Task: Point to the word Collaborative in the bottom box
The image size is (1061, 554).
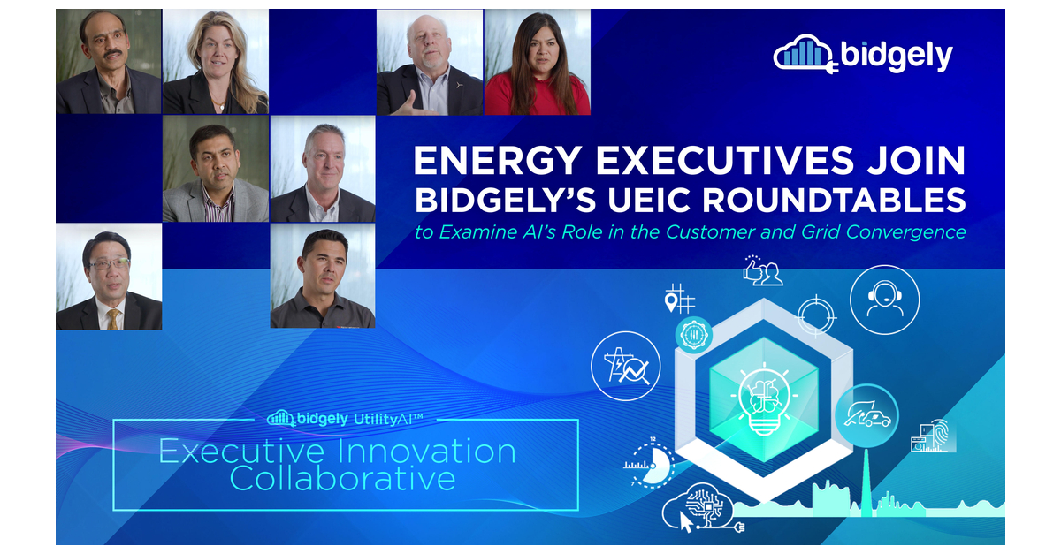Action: click(343, 479)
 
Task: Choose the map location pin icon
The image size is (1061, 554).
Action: click(673, 304)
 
